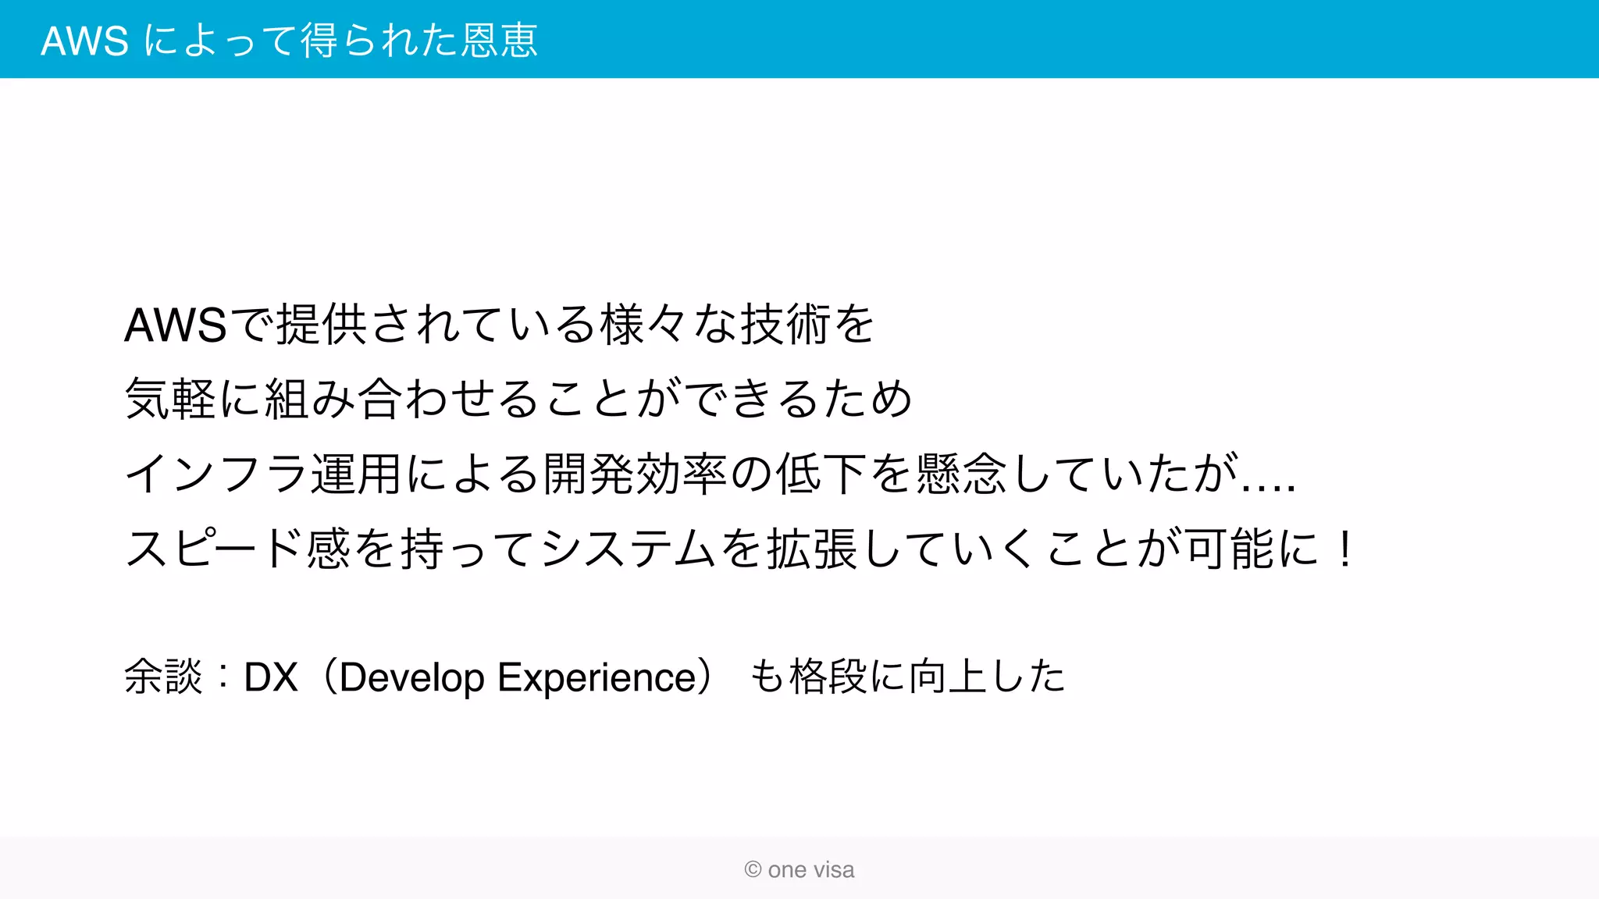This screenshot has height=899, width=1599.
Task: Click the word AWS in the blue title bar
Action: tap(84, 41)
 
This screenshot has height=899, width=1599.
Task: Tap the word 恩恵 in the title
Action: tap(500, 41)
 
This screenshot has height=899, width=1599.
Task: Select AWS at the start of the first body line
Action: tap(176, 325)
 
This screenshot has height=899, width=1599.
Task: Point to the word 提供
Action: tap(322, 325)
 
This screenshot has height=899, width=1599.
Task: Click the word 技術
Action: tap(785, 325)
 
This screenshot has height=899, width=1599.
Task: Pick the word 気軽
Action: tap(170, 399)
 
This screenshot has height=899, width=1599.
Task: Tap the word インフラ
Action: tap(216, 474)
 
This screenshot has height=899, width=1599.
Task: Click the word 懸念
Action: tap(962, 474)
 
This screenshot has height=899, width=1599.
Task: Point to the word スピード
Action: tap(215, 549)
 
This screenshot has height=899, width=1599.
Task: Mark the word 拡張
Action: tap(812, 549)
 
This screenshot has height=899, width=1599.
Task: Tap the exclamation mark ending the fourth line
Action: tap(1344, 549)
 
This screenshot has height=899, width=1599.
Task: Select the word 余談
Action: tap(163, 677)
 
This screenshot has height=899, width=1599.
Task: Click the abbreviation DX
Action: tap(271, 677)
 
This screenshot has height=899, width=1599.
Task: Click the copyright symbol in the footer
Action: tap(753, 869)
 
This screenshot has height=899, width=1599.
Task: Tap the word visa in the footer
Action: tap(835, 869)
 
